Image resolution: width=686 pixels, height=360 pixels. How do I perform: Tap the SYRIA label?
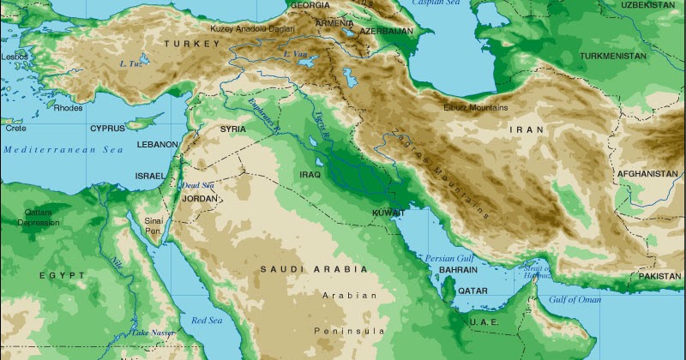(233, 129)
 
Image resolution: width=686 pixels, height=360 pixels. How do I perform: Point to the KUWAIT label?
(388, 212)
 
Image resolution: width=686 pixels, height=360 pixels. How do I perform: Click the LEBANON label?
(157, 144)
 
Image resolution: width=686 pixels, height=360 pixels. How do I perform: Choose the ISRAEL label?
(149, 176)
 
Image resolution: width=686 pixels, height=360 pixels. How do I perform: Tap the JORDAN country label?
(200, 198)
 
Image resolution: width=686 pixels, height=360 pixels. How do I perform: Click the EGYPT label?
(62, 275)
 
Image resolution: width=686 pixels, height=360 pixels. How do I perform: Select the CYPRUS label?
(107, 129)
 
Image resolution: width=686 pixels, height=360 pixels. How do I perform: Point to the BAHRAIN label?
(457, 269)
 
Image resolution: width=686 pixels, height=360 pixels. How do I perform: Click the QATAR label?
(472, 291)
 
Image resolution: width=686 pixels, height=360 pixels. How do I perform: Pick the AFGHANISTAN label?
(647, 174)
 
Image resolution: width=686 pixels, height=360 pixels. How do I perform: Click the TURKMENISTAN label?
(612, 56)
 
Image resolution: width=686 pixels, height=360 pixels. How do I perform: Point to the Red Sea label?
(206, 321)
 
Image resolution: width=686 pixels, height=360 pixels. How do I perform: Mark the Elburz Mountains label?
(477, 108)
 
